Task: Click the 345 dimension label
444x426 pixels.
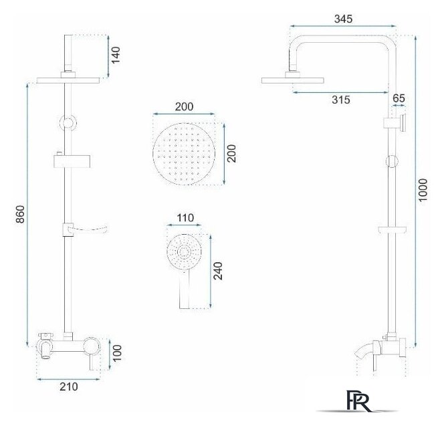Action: point(343,19)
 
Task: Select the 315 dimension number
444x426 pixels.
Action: point(341,100)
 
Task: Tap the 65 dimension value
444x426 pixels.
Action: point(399,98)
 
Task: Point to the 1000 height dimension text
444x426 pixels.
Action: point(423,190)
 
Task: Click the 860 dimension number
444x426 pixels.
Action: point(20,214)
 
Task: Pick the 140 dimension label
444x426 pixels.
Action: point(115,55)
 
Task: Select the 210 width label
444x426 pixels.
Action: point(68,387)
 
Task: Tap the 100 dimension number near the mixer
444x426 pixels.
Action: point(116,353)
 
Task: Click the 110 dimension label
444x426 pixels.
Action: point(185,218)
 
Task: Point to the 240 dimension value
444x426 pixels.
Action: point(218,272)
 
